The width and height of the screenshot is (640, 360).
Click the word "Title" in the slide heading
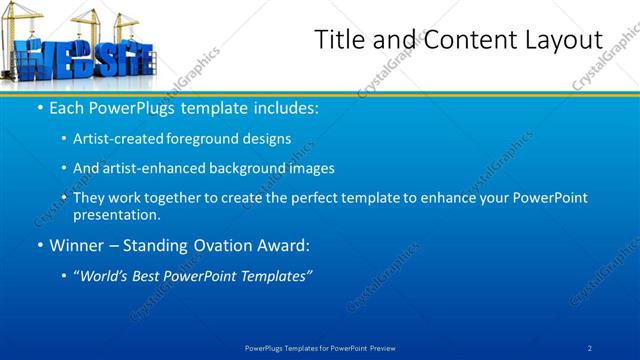[339, 40]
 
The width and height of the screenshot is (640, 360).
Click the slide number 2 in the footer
[590, 347]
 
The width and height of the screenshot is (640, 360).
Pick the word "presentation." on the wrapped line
[117, 214]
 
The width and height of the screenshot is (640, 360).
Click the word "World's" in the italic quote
[109, 274]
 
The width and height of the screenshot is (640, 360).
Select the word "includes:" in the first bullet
[286, 107]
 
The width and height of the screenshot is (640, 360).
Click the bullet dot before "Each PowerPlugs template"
[39, 107]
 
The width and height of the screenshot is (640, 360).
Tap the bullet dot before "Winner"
[39, 244]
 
